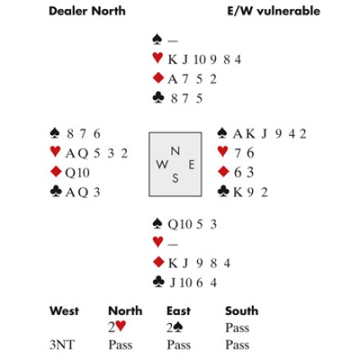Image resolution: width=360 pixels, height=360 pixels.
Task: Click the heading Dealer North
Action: click(x=87, y=11)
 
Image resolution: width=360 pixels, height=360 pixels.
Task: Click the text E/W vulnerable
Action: click(x=273, y=11)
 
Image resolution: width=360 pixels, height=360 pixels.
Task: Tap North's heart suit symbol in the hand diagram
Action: click(x=158, y=58)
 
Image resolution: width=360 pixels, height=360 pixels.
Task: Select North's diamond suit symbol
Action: click(x=158, y=78)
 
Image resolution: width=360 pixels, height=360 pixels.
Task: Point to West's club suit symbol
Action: click(x=56, y=191)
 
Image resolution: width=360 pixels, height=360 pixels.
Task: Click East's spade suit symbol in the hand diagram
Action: click(x=223, y=133)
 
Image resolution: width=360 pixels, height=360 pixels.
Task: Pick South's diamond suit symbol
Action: click(x=158, y=262)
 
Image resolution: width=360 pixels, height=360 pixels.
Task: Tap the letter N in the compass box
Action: click(x=175, y=151)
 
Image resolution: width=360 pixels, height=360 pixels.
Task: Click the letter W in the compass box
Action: click(x=162, y=164)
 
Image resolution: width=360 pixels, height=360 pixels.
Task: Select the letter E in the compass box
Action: click(x=191, y=164)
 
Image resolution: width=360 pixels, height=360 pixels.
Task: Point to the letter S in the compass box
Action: click(x=175, y=178)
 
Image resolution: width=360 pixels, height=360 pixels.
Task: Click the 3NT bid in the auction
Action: click(x=61, y=344)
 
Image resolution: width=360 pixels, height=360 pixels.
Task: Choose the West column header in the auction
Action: click(x=65, y=311)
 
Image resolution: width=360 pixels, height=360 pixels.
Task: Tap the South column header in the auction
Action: click(x=241, y=311)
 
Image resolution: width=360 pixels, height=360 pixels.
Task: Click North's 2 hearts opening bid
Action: click(x=117, y=326)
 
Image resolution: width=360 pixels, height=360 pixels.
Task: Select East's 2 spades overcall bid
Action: click(x=175, y=327)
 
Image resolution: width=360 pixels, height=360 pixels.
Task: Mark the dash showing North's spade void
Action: click(x=173, y=41)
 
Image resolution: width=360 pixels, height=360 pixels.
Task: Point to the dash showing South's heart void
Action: click(x=173, y=244)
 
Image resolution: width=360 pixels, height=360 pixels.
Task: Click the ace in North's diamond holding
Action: click(x=173, y=79)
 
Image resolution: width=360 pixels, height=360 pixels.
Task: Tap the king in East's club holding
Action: click(x=238, y=192)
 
